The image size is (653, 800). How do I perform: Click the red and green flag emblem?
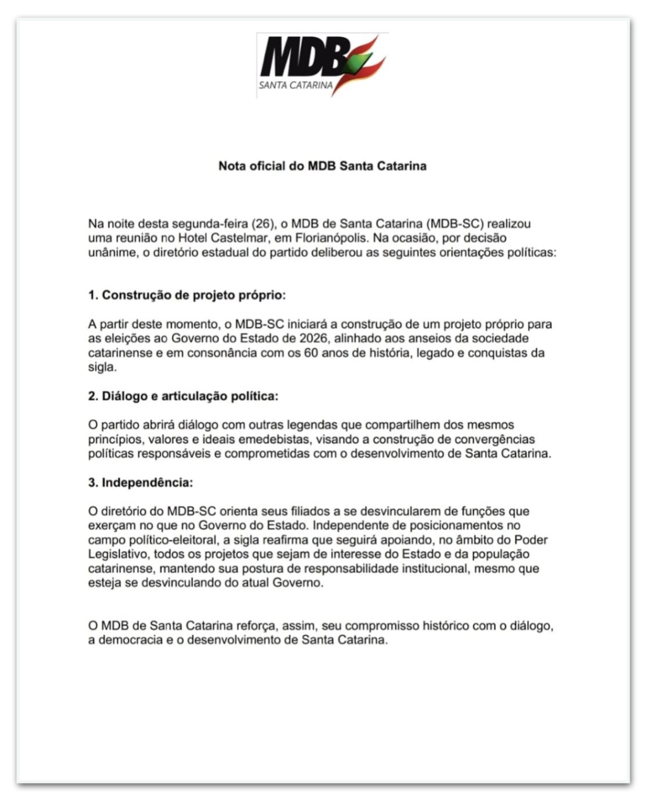(x=366, y=63)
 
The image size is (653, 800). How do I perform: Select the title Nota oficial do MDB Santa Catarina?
(x=322, y=166)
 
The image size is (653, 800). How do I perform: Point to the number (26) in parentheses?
(x=263, y=224)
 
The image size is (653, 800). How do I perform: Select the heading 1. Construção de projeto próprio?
(x=187, y=296)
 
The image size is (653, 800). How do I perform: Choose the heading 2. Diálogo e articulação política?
(x=183, y=396)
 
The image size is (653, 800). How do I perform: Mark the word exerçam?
(x=109, y=526)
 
